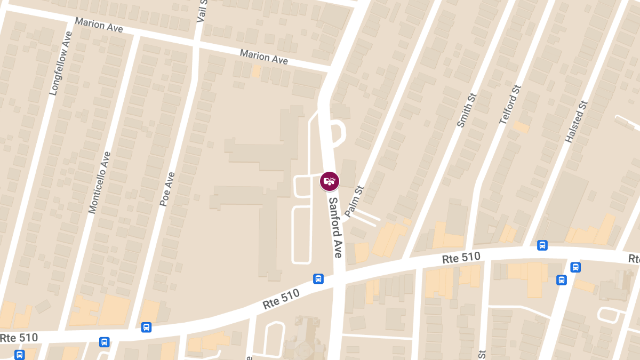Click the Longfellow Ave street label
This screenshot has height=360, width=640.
pos(60,63)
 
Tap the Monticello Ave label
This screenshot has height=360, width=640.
pos(100,182)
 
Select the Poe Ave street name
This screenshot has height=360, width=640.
pos(167,189)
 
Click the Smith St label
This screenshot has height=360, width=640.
pos(466,110)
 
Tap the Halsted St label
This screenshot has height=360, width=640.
pos(576,122)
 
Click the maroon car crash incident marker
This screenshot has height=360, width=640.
pos(330,181)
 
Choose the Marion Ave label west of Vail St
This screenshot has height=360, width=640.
pos(99,25)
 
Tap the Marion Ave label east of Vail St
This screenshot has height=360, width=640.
pos(263,57)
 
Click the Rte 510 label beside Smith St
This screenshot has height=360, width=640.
pos(461,258)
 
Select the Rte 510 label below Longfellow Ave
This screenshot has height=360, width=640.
pos(19,338)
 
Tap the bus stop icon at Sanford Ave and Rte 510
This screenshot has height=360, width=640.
pos(318,278)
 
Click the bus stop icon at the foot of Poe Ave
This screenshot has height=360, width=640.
pos(146,327)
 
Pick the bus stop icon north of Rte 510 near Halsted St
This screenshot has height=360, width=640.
pos(542,245)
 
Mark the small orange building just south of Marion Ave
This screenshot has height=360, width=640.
pos(256,71)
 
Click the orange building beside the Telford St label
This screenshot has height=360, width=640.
pos(521,127)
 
